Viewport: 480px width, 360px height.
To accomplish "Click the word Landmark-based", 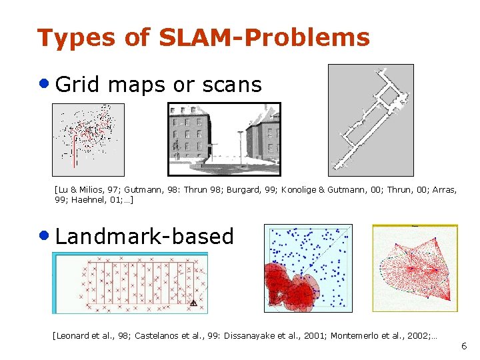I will (145, 236).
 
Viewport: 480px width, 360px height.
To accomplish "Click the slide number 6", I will (464, 347).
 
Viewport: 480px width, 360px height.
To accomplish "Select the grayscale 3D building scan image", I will (224, 139).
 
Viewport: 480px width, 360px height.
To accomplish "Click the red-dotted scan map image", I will (88, 140).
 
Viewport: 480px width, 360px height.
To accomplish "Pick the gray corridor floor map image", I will (371, 120).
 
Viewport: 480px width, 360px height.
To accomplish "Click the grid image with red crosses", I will (130, 283).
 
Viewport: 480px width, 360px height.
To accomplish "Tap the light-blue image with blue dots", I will (308, 268).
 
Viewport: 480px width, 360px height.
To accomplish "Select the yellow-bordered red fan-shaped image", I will (415, 268).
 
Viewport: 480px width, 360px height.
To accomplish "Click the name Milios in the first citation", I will (96, 189).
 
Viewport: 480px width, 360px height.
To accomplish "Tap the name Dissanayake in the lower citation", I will (255, 335).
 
